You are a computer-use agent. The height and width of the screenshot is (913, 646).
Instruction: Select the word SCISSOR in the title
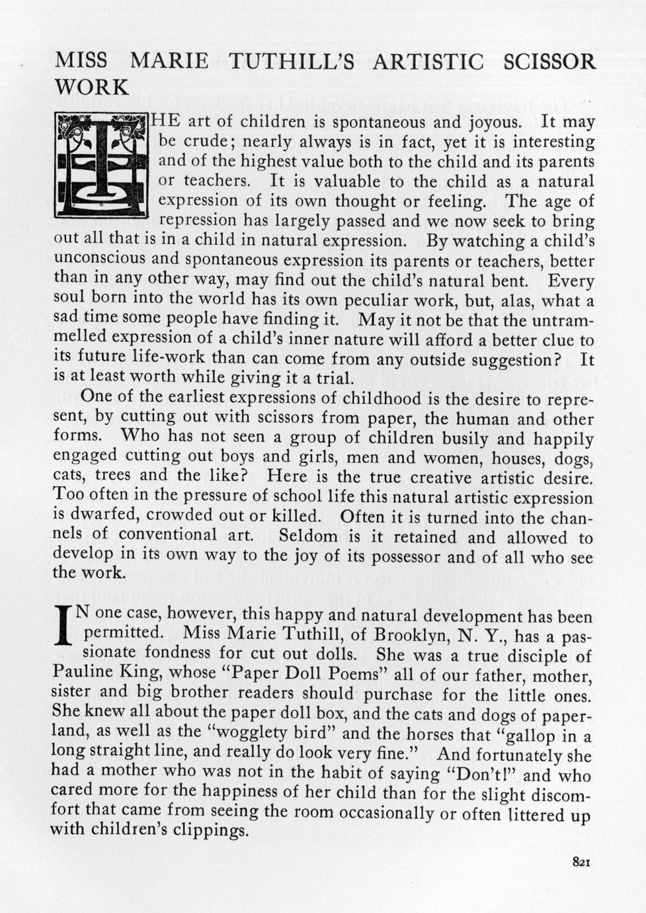(549, 62)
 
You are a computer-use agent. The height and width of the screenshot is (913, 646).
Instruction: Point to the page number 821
(581, 861)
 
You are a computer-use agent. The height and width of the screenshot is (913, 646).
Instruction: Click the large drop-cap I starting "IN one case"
(63, 625)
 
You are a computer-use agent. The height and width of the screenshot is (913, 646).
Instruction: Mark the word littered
(539, 814)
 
